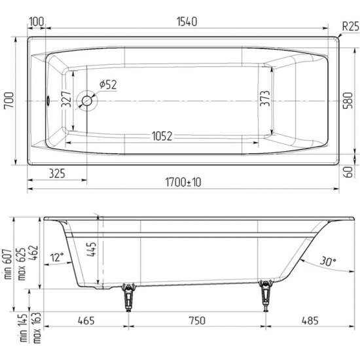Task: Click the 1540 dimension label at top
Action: click(186, 22)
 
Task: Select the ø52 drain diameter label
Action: click(108, 84)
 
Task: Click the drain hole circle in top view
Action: click(86, 101)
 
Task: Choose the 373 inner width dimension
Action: click(263, 101)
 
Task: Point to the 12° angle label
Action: click(57, 257)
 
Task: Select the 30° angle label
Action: click(328, 261)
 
